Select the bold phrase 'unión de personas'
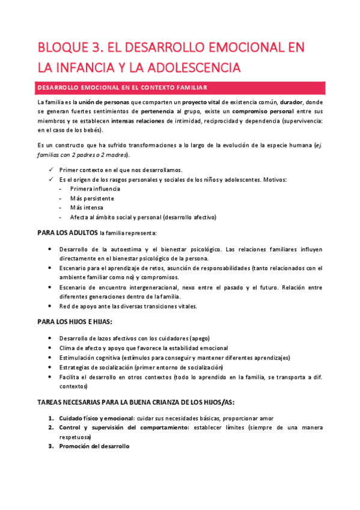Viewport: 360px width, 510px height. pyautogui.click(x=104, y=102)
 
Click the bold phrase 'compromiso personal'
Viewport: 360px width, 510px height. pyautogui.click(x=265, y=111)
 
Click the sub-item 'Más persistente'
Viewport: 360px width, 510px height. pyautogui.click(x=91, y=198)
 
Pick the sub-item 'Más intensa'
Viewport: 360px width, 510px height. pyautogui.click(x=87, y=207)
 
